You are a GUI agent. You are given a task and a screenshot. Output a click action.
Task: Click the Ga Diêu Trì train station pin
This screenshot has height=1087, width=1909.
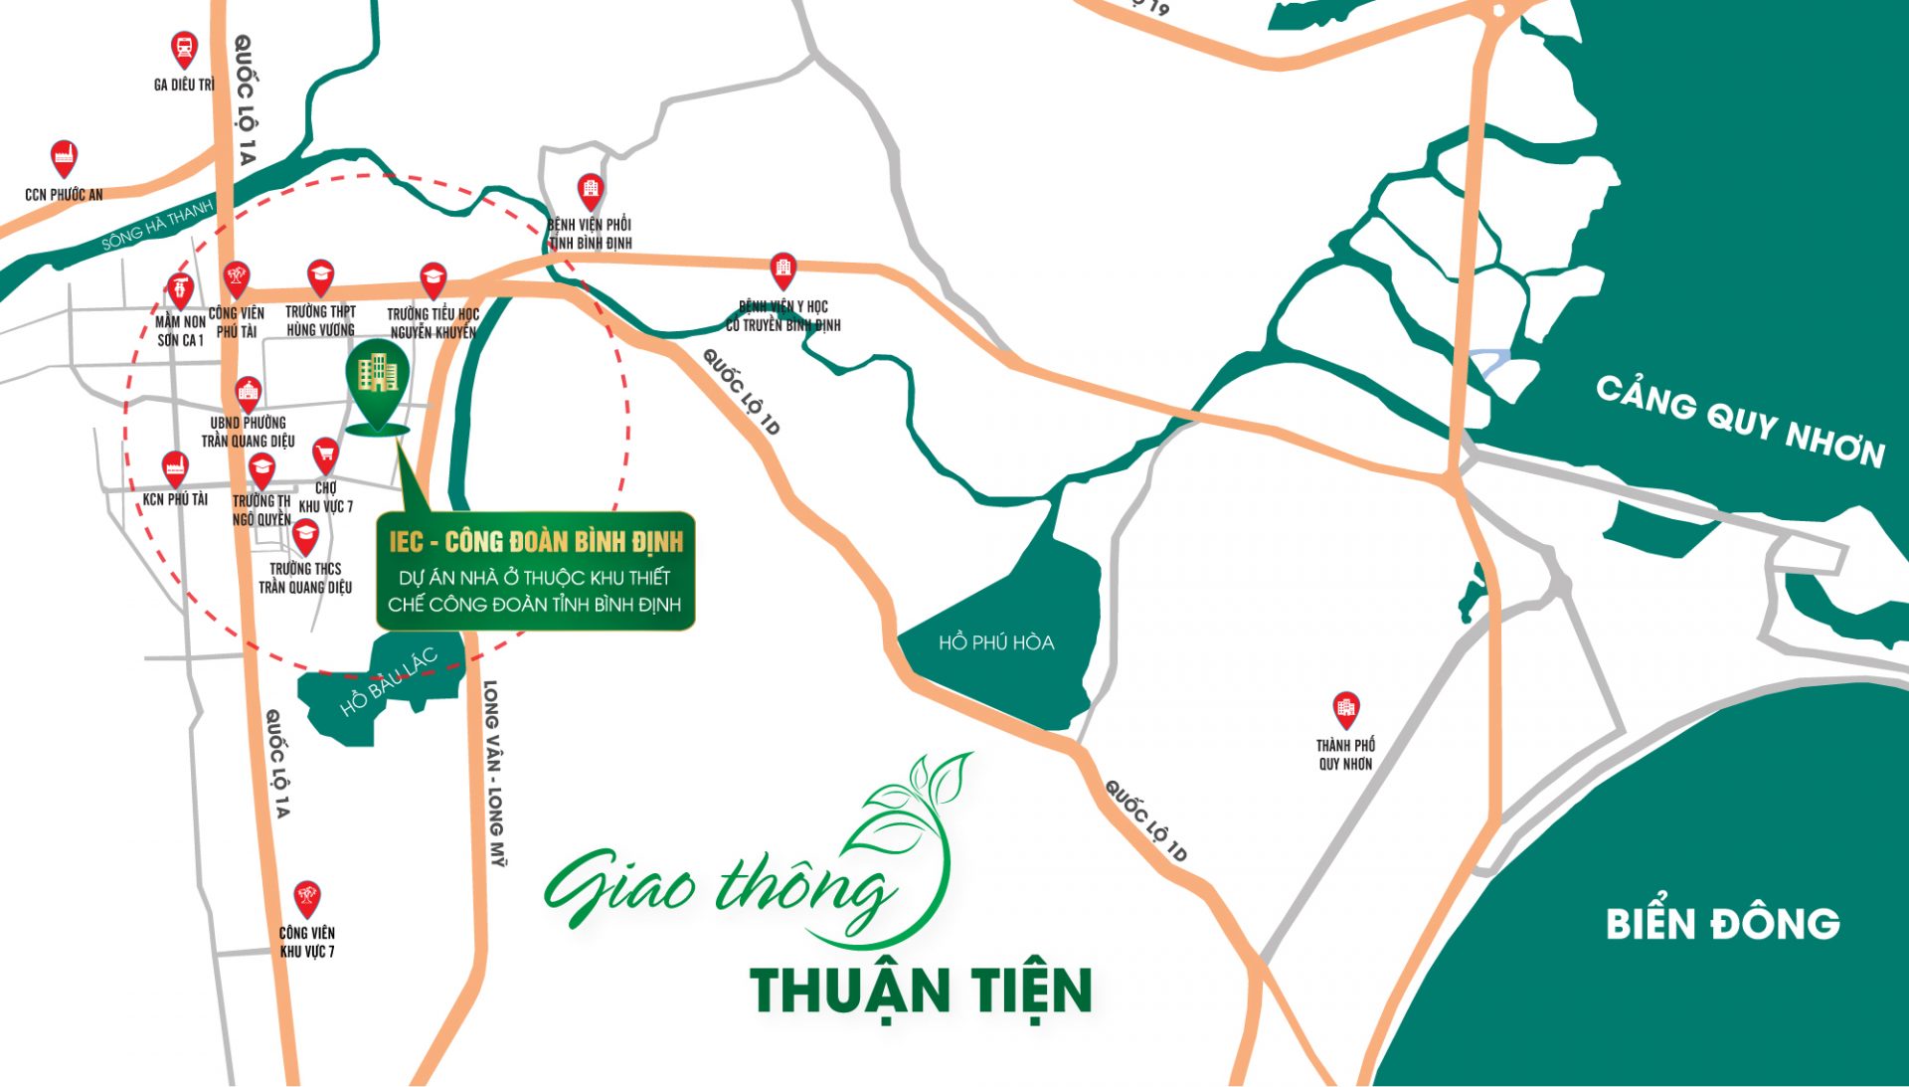[x=183, y=49]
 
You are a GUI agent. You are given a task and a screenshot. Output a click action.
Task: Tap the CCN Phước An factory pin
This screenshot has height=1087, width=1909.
[x=64, y=157]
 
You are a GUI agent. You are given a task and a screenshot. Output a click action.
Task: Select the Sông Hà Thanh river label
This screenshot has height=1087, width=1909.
[x=157, y=226]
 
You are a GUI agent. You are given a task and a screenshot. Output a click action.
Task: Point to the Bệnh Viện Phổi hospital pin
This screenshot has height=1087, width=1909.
[x=591, y=189]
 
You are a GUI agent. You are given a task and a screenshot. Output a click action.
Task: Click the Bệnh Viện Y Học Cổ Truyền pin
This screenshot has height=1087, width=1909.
[x=783, y=269]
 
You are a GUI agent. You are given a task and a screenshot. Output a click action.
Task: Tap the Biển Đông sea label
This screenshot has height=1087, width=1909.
[x=1722, y=924]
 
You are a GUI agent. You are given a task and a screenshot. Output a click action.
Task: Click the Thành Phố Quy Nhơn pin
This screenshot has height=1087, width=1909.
[x=1345, y=709]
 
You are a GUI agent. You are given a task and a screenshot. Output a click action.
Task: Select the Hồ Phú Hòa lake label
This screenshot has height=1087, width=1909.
[x=996, y=642]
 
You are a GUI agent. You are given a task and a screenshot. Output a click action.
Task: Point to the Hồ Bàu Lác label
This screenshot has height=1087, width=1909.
[x=388, y=682]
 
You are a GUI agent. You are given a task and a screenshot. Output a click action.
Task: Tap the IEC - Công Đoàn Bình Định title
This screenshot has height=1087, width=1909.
[x=536, y=542]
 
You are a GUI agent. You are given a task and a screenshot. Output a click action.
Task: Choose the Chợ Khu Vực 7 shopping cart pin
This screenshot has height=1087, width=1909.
[x=325, y=455]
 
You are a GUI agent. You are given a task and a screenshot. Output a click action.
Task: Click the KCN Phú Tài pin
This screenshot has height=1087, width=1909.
[x=175, y=467]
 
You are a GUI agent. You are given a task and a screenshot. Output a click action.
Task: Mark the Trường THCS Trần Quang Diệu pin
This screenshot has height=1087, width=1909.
[x=305, y=537]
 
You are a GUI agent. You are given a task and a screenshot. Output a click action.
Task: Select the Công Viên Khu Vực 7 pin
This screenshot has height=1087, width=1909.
[x=307, y=899]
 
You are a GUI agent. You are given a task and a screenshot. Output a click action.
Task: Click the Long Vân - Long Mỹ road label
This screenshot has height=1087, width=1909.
[x=494, y=773]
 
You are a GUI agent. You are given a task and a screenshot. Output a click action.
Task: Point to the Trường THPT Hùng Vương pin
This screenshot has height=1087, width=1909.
[x=320, y=277]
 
